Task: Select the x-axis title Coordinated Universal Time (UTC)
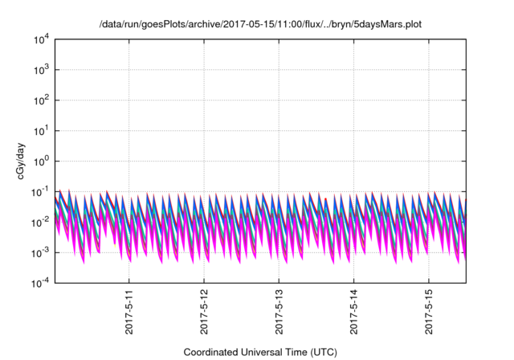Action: pyautogui.click(x=259, y=352)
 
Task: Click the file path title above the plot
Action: pyautogui.click(x=259, y=25)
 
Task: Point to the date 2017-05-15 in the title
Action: pyautogui.click(x=243, y=25)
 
